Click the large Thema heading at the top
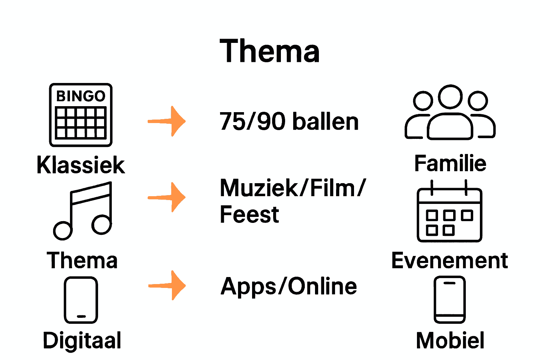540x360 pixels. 270,51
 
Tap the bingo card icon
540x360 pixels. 81,115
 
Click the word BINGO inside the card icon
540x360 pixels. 81,96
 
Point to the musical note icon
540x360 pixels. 83,211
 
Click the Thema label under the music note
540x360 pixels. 82,261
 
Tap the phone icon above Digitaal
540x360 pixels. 81,300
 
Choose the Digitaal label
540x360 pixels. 82,340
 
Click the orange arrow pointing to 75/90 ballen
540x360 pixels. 167,121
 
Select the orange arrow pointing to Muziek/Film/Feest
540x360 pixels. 167,197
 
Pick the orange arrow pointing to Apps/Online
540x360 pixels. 167,285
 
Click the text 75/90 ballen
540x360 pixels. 289,122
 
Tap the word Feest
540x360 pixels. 249,214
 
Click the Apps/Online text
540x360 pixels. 289,286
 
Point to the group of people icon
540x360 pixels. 450,112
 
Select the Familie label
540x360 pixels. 450,163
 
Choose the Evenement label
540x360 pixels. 449,261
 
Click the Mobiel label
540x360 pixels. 450,340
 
